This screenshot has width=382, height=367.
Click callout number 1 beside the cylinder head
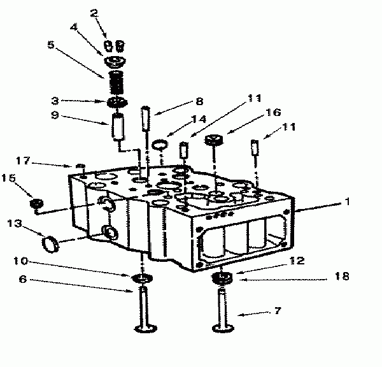tap(347, 202)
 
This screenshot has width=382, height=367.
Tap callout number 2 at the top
tap(94, 13)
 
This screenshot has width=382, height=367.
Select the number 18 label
tap(342, 276)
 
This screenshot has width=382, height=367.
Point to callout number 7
tap(278, 311)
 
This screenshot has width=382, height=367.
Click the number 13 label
tap(15, 224)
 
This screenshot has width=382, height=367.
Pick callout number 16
tap(273, 112)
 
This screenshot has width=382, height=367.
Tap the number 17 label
tap(23, 161)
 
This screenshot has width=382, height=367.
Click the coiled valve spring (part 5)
tap(117, 82)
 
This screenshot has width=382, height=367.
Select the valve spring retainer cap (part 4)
tap(115, 61)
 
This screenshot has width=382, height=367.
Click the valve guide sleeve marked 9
tap(118, 126)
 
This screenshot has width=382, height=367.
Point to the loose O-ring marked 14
tap(160, 145)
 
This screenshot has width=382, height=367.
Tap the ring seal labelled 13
tap(50, 245)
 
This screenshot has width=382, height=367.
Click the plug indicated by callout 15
tap(36, 203)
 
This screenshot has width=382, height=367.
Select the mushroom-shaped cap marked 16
tap(214, 140)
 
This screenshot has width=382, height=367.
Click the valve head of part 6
tap(146, 329)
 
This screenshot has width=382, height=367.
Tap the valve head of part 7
tap(223, 328)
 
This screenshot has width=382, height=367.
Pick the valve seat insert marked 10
tap(142, 278)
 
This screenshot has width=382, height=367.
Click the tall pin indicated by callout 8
tap(146, 119)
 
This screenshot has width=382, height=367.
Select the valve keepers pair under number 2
tap(114, 46)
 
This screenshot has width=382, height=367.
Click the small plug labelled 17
tap(80, 166)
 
